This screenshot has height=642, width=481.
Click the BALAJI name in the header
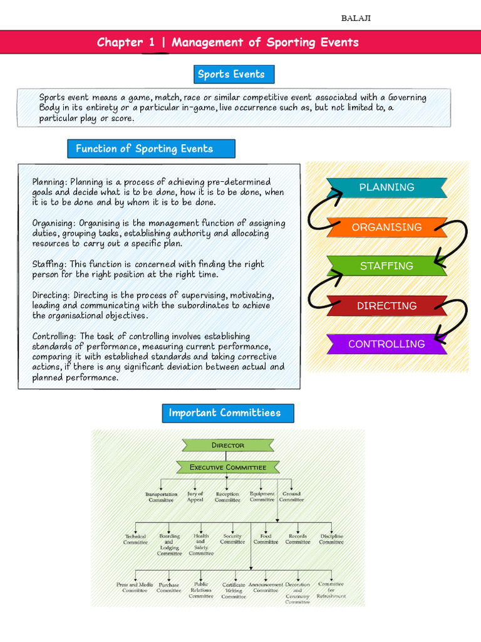point(356,18)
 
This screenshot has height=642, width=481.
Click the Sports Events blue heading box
point(231,74)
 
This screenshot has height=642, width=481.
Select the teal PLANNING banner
point(386,187)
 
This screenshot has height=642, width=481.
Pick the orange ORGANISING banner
point(386,227)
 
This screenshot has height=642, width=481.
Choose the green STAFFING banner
point(386,266)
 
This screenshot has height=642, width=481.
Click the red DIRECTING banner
point(386,305)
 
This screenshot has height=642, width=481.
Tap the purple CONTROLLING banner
point(386,344)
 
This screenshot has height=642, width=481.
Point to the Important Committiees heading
point(224,413)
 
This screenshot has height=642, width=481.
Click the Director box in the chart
point(227,445)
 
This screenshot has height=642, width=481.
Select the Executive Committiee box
point(227,467)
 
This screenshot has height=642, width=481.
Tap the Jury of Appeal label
point(195,497)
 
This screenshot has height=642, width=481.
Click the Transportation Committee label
point(161,497)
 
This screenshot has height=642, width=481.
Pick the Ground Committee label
point(291,497)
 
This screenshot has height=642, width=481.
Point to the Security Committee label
point(232,539)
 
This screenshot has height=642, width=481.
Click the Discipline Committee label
point(331,539)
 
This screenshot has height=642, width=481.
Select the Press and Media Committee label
point(135,587)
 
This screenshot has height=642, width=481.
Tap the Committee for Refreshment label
point(331,590)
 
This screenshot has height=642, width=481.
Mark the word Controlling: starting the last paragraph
point(54,337)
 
